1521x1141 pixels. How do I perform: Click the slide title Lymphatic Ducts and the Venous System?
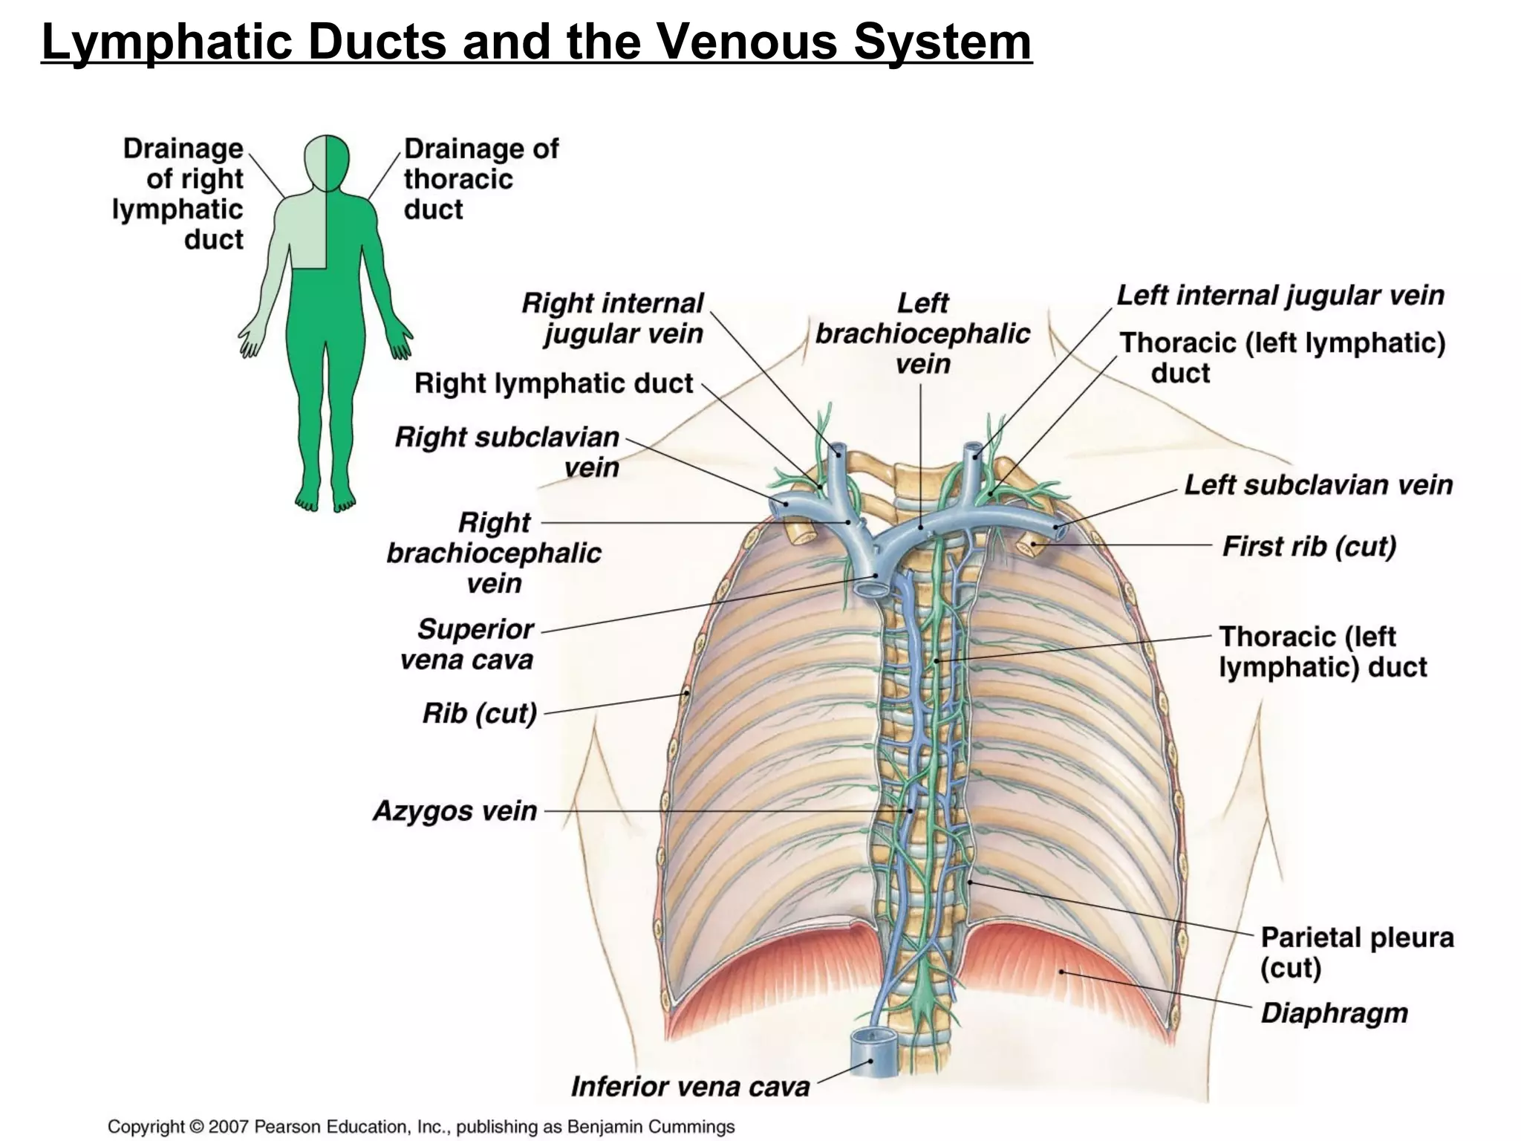[536, 42]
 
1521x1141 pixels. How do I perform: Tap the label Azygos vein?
[455, 810]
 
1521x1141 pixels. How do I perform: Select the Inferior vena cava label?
[689, 1087]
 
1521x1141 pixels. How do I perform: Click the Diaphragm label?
[1334, 1013]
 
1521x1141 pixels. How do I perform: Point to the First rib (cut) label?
[1309, 546]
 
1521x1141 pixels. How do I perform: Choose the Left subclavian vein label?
[1318, 485]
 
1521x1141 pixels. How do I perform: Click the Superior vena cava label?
[468, 644]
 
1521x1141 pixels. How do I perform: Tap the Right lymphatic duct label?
[553, 383]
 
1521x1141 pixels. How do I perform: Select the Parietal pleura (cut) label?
[1356, 952]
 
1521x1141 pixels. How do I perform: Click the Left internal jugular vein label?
[1280, 296]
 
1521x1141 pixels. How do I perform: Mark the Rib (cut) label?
[479, 713]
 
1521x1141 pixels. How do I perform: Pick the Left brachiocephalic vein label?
[922, 334]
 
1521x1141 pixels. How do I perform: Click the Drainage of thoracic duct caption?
[480, 179]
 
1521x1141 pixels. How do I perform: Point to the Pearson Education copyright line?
[421, 1126]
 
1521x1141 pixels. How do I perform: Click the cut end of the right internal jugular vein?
[838, 449]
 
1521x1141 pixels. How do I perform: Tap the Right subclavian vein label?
[508, 452]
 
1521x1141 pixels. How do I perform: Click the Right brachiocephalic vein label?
[494, 553]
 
